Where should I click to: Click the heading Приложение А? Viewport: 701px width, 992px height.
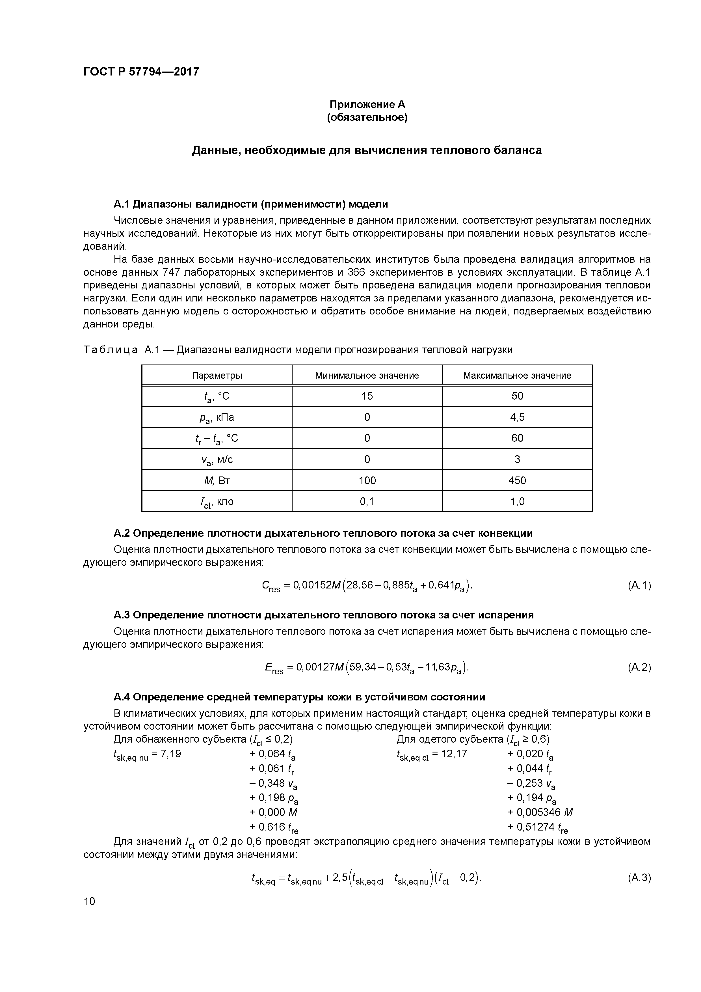click(367, 105)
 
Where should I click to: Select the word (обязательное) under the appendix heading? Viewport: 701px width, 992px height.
click(367, 118)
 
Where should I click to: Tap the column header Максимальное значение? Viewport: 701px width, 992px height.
click(517, 376)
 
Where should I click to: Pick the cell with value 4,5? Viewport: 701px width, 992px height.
click(517, 417)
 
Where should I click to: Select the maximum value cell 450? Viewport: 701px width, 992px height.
click(517, 480)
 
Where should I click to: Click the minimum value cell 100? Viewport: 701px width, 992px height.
click(367, 480)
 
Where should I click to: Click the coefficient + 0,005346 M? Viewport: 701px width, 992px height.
click(540, 812)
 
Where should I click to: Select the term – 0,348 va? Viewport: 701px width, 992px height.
click(273, 783)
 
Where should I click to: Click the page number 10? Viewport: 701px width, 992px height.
click(89, 901)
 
